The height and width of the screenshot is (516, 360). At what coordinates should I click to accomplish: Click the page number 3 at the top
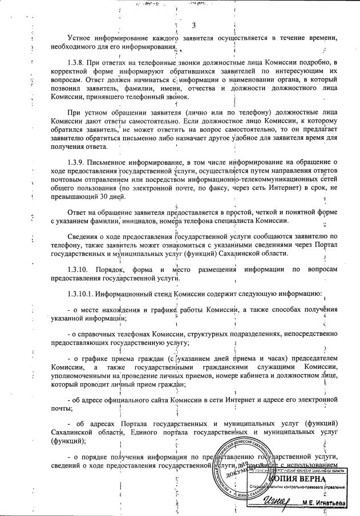(193, 25)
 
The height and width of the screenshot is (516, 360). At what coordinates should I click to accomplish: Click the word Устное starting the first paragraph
(82, 38)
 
